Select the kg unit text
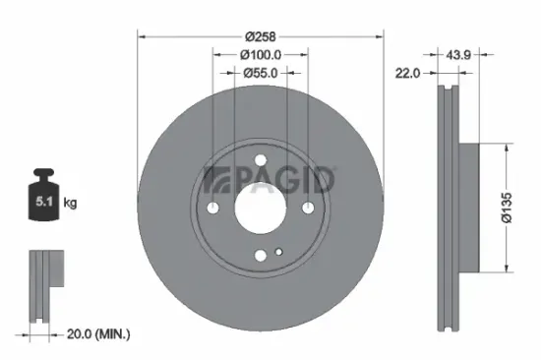point(71,204)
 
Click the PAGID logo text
point(270,181)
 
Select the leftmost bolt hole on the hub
point(213,208)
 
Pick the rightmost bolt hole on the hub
point(308,208)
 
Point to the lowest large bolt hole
point(261,255)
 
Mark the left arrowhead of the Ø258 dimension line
point(140,35)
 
